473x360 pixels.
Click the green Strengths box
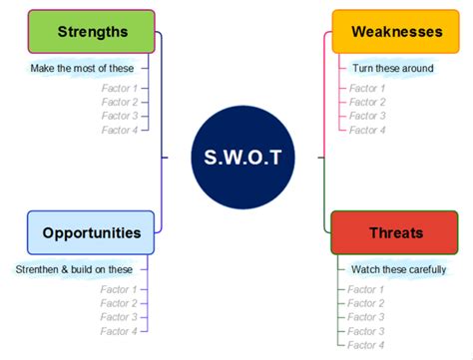click(91, 32)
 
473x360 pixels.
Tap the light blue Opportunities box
click(91, 232)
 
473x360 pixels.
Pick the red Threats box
click(394, 233)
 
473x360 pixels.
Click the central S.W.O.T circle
click(242, 157)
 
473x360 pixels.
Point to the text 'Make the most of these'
click(81, 68)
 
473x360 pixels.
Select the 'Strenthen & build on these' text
click(73, 268)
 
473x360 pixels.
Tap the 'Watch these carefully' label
click(398, 269)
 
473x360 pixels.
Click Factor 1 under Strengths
click(119, 88)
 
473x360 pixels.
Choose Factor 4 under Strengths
click(119, 130)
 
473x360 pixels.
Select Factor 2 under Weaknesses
click(366, 102)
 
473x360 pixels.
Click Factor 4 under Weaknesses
click(366, 130)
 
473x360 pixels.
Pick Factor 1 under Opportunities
click(119, 289)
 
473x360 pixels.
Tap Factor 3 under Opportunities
click(119, 317)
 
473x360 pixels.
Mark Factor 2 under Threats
click(366, 303)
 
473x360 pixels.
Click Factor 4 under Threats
click(366, 345)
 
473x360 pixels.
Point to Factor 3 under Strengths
click(119, 116)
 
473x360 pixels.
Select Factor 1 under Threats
click(366, 289)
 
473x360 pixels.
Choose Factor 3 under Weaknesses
click(366, 116)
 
